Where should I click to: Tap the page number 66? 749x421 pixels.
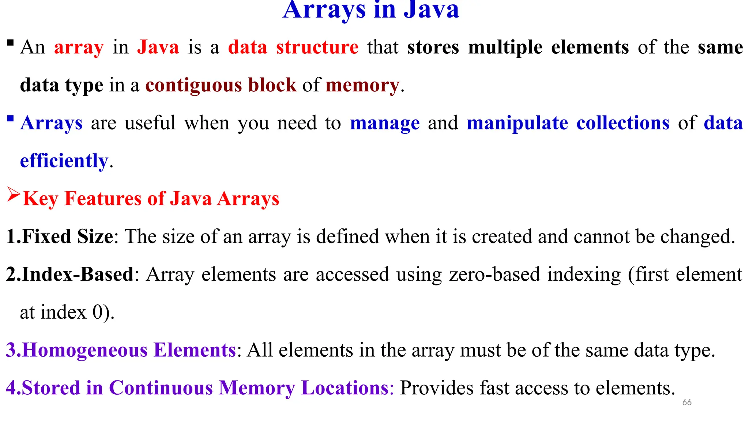point(687,402)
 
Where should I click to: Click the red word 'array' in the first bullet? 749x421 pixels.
point(79,48)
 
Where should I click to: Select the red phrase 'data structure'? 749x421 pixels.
point(293,48)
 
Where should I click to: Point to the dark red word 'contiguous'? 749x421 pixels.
point(193,85)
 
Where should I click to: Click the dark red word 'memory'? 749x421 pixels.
point(362,85)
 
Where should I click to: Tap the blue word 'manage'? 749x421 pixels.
point(385,123)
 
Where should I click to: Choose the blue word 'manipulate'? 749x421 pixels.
point(517,123)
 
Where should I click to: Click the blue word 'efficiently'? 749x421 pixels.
point(64,161)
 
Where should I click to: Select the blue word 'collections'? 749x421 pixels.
point(623,123)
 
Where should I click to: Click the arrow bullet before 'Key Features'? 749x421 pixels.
point(14,194)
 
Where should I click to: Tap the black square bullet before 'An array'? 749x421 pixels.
point(10,43)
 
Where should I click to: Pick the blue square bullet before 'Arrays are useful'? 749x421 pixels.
point(10,119)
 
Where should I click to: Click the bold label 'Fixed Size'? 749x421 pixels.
point(68,236)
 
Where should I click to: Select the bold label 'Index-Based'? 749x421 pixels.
point(78,274)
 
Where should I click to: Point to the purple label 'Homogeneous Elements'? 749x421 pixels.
point(129,350)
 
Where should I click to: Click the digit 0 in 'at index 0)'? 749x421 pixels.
point(98,312)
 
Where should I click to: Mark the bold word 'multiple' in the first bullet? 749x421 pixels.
point(505,48)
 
